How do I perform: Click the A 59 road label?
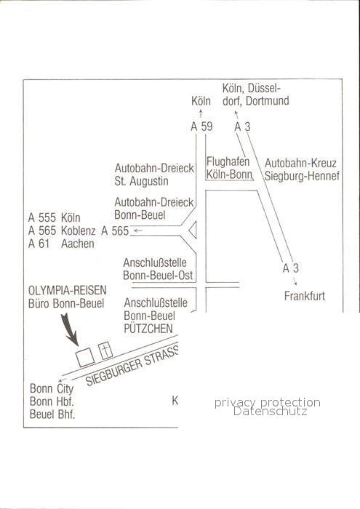pos(201,127)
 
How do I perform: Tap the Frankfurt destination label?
pos(305,296)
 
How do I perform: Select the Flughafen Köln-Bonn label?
pos(229,168)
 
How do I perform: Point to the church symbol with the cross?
pos(105,351)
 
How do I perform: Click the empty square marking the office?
pos(85,357)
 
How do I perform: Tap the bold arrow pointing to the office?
pos(70,329)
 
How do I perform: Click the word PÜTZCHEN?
pos(148,329)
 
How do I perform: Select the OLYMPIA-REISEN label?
pos(67,290)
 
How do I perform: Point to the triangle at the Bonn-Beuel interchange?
pos(193,231)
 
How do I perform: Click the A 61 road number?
pos(39,244)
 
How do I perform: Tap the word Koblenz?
pos(79,231)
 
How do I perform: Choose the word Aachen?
pos(78,244)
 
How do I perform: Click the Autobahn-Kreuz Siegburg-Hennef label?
pos(302,169)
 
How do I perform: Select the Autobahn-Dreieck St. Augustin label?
pos(154,175)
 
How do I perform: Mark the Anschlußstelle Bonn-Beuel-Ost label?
pos(158,269)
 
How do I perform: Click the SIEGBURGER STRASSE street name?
pos(132,366)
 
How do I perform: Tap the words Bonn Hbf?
pos(52,401)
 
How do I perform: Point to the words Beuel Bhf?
pos(52,414)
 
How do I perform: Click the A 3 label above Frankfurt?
pos(290,268)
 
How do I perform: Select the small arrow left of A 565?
pos(138,231)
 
